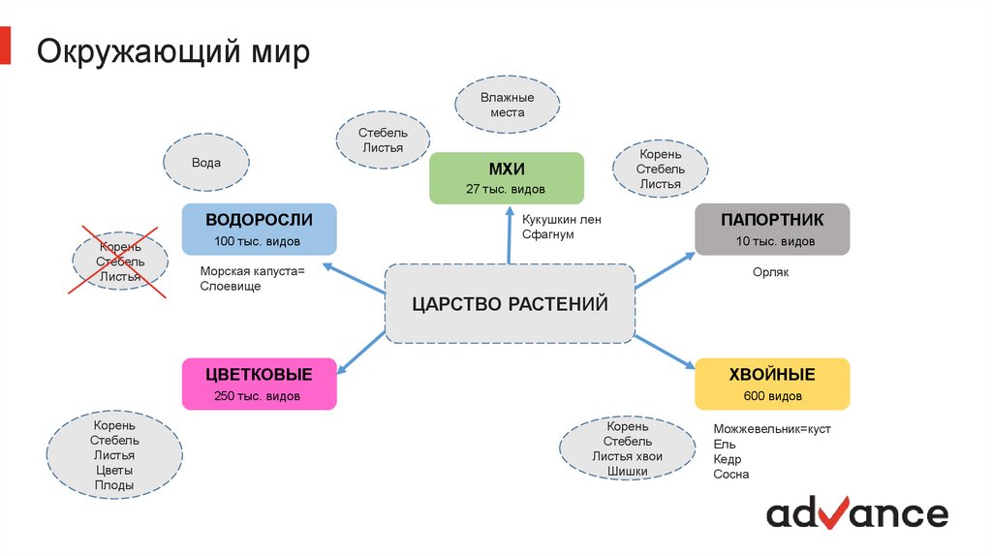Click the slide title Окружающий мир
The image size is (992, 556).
point(173,50)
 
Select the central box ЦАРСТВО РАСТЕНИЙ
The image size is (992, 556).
point(510,304)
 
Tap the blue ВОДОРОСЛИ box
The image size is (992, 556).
point(259,229)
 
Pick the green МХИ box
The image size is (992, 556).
point(506,177)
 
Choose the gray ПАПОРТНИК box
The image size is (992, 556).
point(771,229)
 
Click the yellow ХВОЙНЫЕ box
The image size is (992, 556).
point(771,384)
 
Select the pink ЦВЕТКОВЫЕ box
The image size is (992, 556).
point(259,384)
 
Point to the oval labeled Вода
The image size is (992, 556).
point(205,163)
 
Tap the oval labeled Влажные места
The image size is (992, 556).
point(507,105)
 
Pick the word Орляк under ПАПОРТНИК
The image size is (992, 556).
point(771,272)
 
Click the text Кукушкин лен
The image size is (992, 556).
point(561,219)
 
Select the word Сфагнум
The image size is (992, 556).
point(548,234)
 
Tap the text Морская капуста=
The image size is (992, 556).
point(252,271)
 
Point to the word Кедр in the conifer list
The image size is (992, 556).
point(728,459)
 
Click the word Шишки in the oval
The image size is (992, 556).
point(627,472)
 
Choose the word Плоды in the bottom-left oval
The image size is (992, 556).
point(114,485)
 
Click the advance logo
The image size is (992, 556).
point(856,512)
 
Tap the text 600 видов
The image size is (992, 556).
point(771,396)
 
